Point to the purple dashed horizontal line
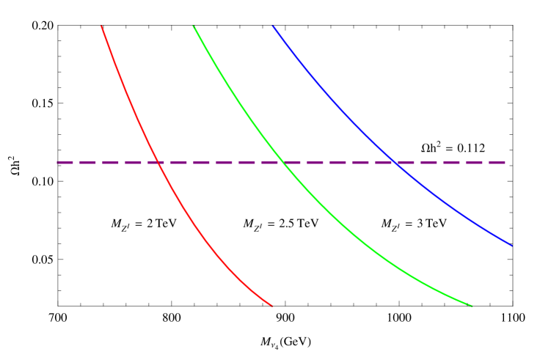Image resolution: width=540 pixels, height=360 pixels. [220, 162]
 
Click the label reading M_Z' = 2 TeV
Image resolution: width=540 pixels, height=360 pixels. [144, 224]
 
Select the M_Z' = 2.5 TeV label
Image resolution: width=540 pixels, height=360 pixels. [280, 224]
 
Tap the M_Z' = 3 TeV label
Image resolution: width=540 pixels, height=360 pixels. [414, 224]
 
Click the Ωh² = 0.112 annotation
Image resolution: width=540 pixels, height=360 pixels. [453, 147]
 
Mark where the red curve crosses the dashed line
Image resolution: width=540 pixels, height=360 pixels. [159, 162]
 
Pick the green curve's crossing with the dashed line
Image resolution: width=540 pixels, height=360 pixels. [282, 162]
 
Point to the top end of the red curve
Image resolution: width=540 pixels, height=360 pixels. [101, 26]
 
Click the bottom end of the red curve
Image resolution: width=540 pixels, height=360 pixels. [273, 306]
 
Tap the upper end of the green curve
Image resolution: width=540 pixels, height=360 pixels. [194, 26]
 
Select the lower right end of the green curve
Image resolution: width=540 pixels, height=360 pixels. [472, 306]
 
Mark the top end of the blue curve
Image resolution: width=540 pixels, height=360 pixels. [273, 26]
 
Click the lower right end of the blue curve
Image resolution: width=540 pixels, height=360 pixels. [511, 246]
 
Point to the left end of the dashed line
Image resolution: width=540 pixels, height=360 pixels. [58, 162]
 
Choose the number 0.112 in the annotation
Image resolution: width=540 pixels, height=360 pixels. [471, 148]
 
